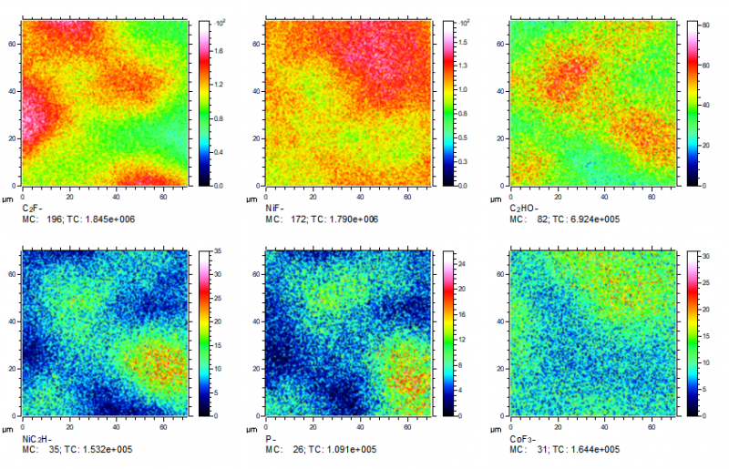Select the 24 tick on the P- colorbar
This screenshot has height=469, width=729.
click(460, 263)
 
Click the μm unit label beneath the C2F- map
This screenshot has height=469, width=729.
click(11, 199)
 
